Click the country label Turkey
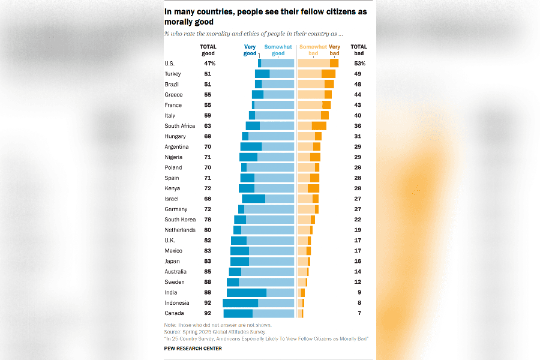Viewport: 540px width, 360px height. (x=172, y=74)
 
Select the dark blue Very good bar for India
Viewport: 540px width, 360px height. (x=246, y=292)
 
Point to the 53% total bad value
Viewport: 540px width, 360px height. (x=359, y=63)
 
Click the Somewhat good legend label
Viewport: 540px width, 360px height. (x=278, y=50)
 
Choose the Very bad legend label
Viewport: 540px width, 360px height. (x=334, y=50)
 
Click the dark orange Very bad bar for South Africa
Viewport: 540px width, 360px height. (x=319, y=126)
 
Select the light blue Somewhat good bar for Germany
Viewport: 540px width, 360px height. (x=269, y=209)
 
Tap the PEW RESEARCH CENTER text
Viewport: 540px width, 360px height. (x=193, y=349)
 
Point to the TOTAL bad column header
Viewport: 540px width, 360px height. (x=359, y=50)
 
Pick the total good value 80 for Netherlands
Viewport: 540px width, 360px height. (x=208, y=230)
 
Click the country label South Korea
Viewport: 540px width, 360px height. (x=180, y=220)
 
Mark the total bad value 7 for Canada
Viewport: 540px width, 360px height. (x=359, y=313)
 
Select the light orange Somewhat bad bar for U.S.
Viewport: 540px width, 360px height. (x=313, y=63)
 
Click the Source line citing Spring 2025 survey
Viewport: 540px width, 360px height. (x=214, y=331)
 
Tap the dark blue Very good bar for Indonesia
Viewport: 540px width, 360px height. (x=240, y=303)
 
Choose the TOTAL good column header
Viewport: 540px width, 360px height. (x=208, y=50)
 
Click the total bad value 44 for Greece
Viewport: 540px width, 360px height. (x=359, y=95)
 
